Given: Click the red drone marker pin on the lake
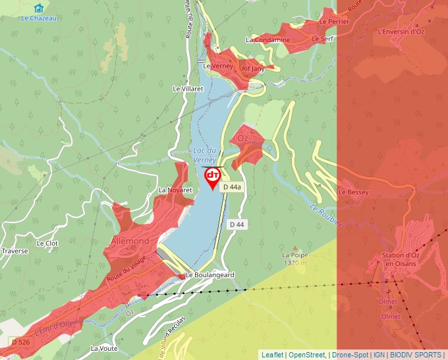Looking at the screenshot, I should coord(213,176).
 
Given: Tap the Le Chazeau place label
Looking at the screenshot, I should coord(39,18).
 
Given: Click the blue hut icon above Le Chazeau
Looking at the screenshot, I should coord(40,8).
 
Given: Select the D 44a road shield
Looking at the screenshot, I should coord(232,188).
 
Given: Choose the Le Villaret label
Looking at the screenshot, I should coord(188,88).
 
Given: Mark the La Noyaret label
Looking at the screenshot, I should coord(175,190).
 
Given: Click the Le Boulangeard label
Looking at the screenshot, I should coord(210,275).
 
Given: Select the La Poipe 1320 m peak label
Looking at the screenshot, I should coord(294,259).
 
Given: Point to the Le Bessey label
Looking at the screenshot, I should coord(353,192).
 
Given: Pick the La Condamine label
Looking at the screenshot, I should coord(267,39).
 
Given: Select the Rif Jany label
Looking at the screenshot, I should coord(253,68).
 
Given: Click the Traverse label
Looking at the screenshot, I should coord(15,251).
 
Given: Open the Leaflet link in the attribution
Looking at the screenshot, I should coord(272,355).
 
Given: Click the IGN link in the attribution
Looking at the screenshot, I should coord(379,355).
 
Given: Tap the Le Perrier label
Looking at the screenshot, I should coord(334,21).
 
